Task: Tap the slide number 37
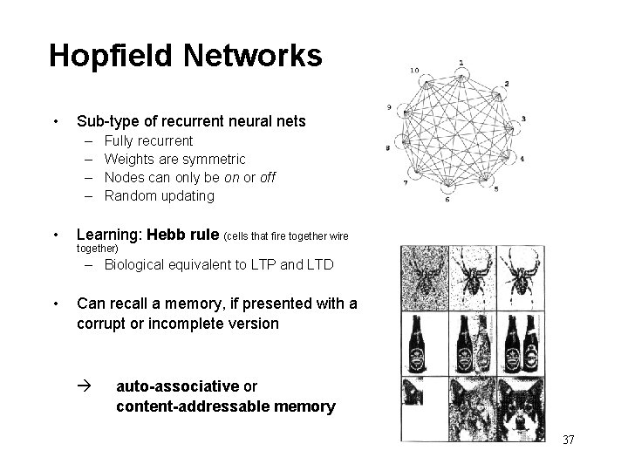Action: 568,440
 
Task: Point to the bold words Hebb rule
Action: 184,235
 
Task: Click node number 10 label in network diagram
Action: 413,71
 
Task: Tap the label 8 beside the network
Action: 387,148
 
